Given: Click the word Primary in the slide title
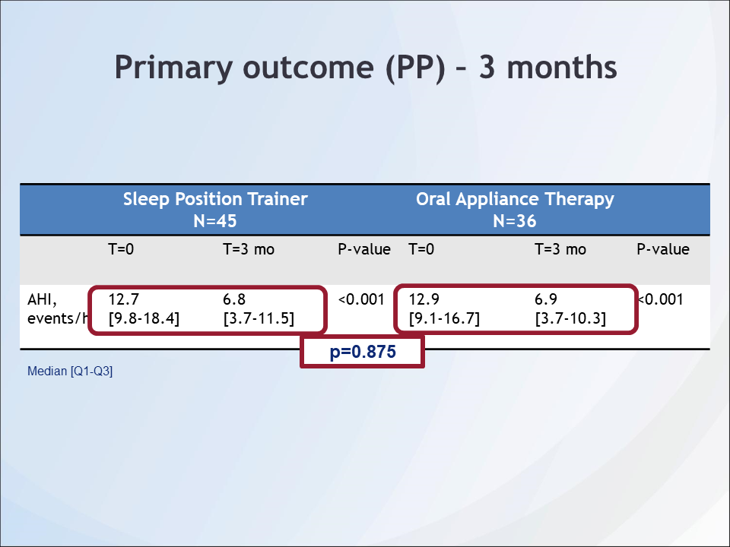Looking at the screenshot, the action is tap(173, 68).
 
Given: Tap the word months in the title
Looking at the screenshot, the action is tap(561, 68).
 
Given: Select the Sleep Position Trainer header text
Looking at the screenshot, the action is tap(215, 199).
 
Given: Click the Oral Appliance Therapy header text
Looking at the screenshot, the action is tap(515, 199).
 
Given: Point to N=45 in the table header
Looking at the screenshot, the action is tap(215, 221).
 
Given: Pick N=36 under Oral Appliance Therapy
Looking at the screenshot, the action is tap(515, 221).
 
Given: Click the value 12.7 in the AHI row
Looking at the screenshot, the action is tap(123, 299).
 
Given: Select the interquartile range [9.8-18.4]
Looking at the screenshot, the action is tap(144, 318).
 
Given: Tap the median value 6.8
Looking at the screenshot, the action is tap(234, 299).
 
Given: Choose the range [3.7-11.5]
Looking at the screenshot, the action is tap(259, 318).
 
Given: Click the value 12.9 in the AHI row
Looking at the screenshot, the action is tap(424, 299).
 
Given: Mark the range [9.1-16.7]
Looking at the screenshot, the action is tap(444, 318).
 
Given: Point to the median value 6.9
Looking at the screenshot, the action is tap(546, 299).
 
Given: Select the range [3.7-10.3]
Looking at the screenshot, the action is tap(570, 318).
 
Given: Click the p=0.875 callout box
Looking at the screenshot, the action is tap(362, 352).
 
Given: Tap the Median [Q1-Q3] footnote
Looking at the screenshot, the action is tap(70, 372).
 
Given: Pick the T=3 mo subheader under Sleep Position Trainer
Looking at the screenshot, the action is tap(249, 249).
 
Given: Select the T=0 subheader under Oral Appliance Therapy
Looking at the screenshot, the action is tap(421, 249).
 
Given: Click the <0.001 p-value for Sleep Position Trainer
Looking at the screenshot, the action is tap(361, 299).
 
